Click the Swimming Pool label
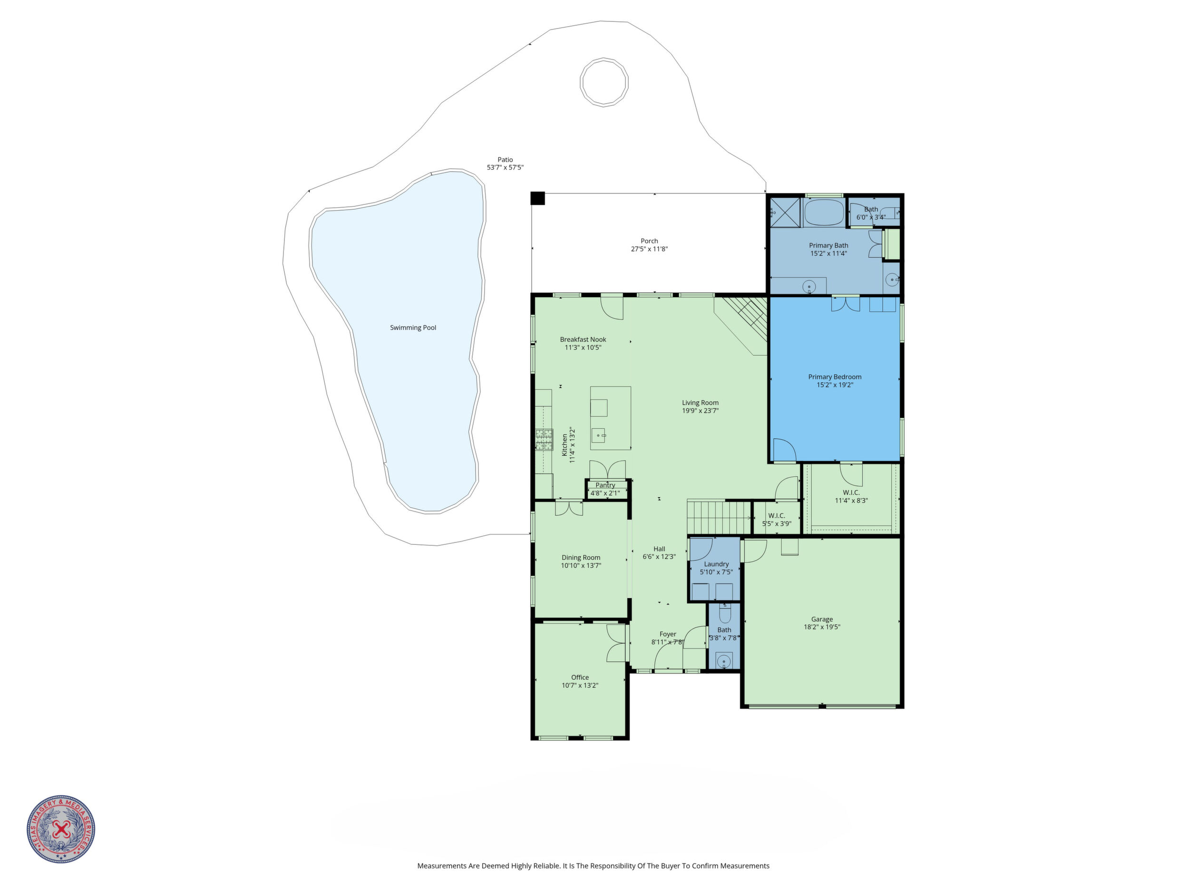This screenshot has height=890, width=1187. click(x=413, y=328)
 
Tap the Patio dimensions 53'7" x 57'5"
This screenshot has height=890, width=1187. click(x=505, y=167)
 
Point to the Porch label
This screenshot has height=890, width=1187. click(x=649, y=241)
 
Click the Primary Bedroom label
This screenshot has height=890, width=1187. click(x=835, y=377)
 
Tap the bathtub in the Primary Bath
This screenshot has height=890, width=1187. click(x=824, y=213)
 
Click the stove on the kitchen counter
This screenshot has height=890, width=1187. click(x=544, y=440)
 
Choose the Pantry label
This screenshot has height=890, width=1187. click(x=605, y=485)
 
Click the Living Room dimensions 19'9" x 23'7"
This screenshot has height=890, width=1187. click(x=701, y=411)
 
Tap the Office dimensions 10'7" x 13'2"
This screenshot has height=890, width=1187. click(x=580, y=686)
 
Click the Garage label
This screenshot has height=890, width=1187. click(x=822, y=619)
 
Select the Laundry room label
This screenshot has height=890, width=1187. click(x=716, y=564)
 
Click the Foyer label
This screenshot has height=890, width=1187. click(x=668, y=634)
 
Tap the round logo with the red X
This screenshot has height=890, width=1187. click(x=61, y=829)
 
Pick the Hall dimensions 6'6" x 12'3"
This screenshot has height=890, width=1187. click(x=660, y=557)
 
